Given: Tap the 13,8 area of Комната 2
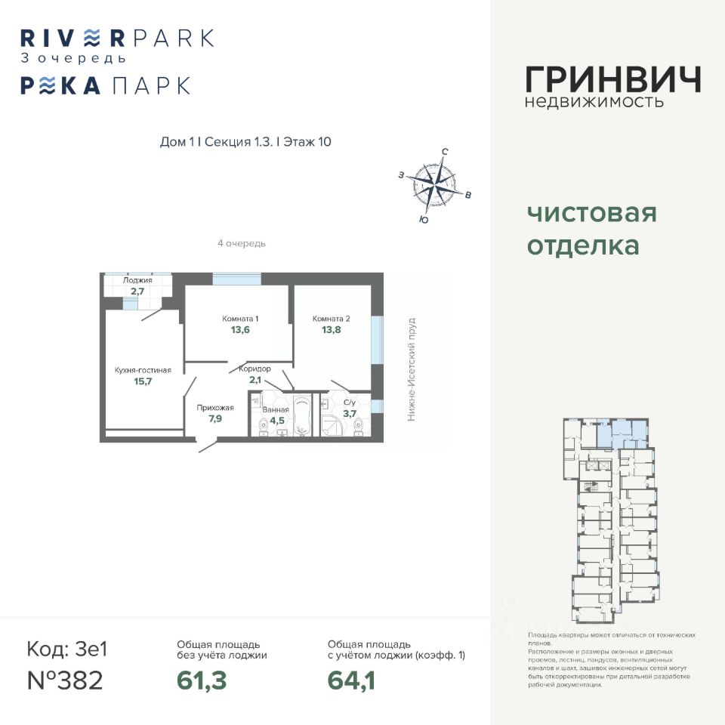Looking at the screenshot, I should tap(331, 330).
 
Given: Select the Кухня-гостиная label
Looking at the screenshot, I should tap(143, 370).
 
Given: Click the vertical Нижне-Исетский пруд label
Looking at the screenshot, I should tap(412, 369).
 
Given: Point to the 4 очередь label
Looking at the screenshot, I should tap(241, 244).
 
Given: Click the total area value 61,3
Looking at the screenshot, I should tap(202, 680).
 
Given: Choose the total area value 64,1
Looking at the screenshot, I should tap(351, 680).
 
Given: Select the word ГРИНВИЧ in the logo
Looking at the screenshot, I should tap(612, 79).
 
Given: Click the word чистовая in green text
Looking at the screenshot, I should tap(591, 214).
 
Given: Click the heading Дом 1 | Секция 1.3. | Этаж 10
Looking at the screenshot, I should tap(246, 142).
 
